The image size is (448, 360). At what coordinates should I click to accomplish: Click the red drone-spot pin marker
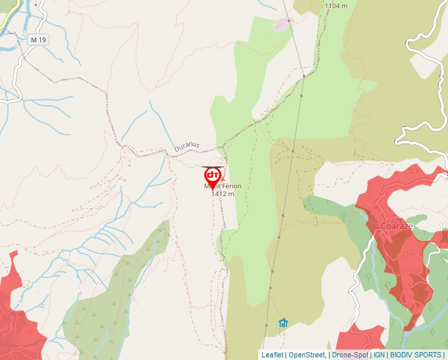coord(213,177)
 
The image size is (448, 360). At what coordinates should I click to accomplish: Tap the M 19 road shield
coord(39,40)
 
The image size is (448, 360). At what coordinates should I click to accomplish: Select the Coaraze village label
coord(397,226)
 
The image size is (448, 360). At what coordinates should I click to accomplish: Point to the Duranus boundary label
coord(186,147)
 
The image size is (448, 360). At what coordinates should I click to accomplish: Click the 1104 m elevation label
coord(335,6)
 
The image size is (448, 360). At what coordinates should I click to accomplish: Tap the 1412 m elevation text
coord(223,194)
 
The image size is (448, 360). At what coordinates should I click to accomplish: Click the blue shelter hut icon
coord(283,323)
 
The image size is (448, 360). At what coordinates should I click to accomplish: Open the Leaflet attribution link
coord(272,355)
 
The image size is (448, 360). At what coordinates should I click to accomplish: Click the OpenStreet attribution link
coord(307,355)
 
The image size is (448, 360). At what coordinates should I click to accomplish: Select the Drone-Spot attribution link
coord(350,355)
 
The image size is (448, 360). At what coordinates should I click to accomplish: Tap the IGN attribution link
coord(379,355)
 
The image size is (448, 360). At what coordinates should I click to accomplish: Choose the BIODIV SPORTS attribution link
coord(416,355)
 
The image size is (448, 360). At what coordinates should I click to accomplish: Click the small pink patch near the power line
coord(282,24)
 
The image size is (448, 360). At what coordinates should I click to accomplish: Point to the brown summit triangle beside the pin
coord(222,178)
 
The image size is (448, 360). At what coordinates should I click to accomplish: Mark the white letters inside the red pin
coord(213,175)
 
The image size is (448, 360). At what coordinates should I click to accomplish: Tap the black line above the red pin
coord(212,167)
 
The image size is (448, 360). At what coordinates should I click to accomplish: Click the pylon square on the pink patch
coord(288,20)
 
